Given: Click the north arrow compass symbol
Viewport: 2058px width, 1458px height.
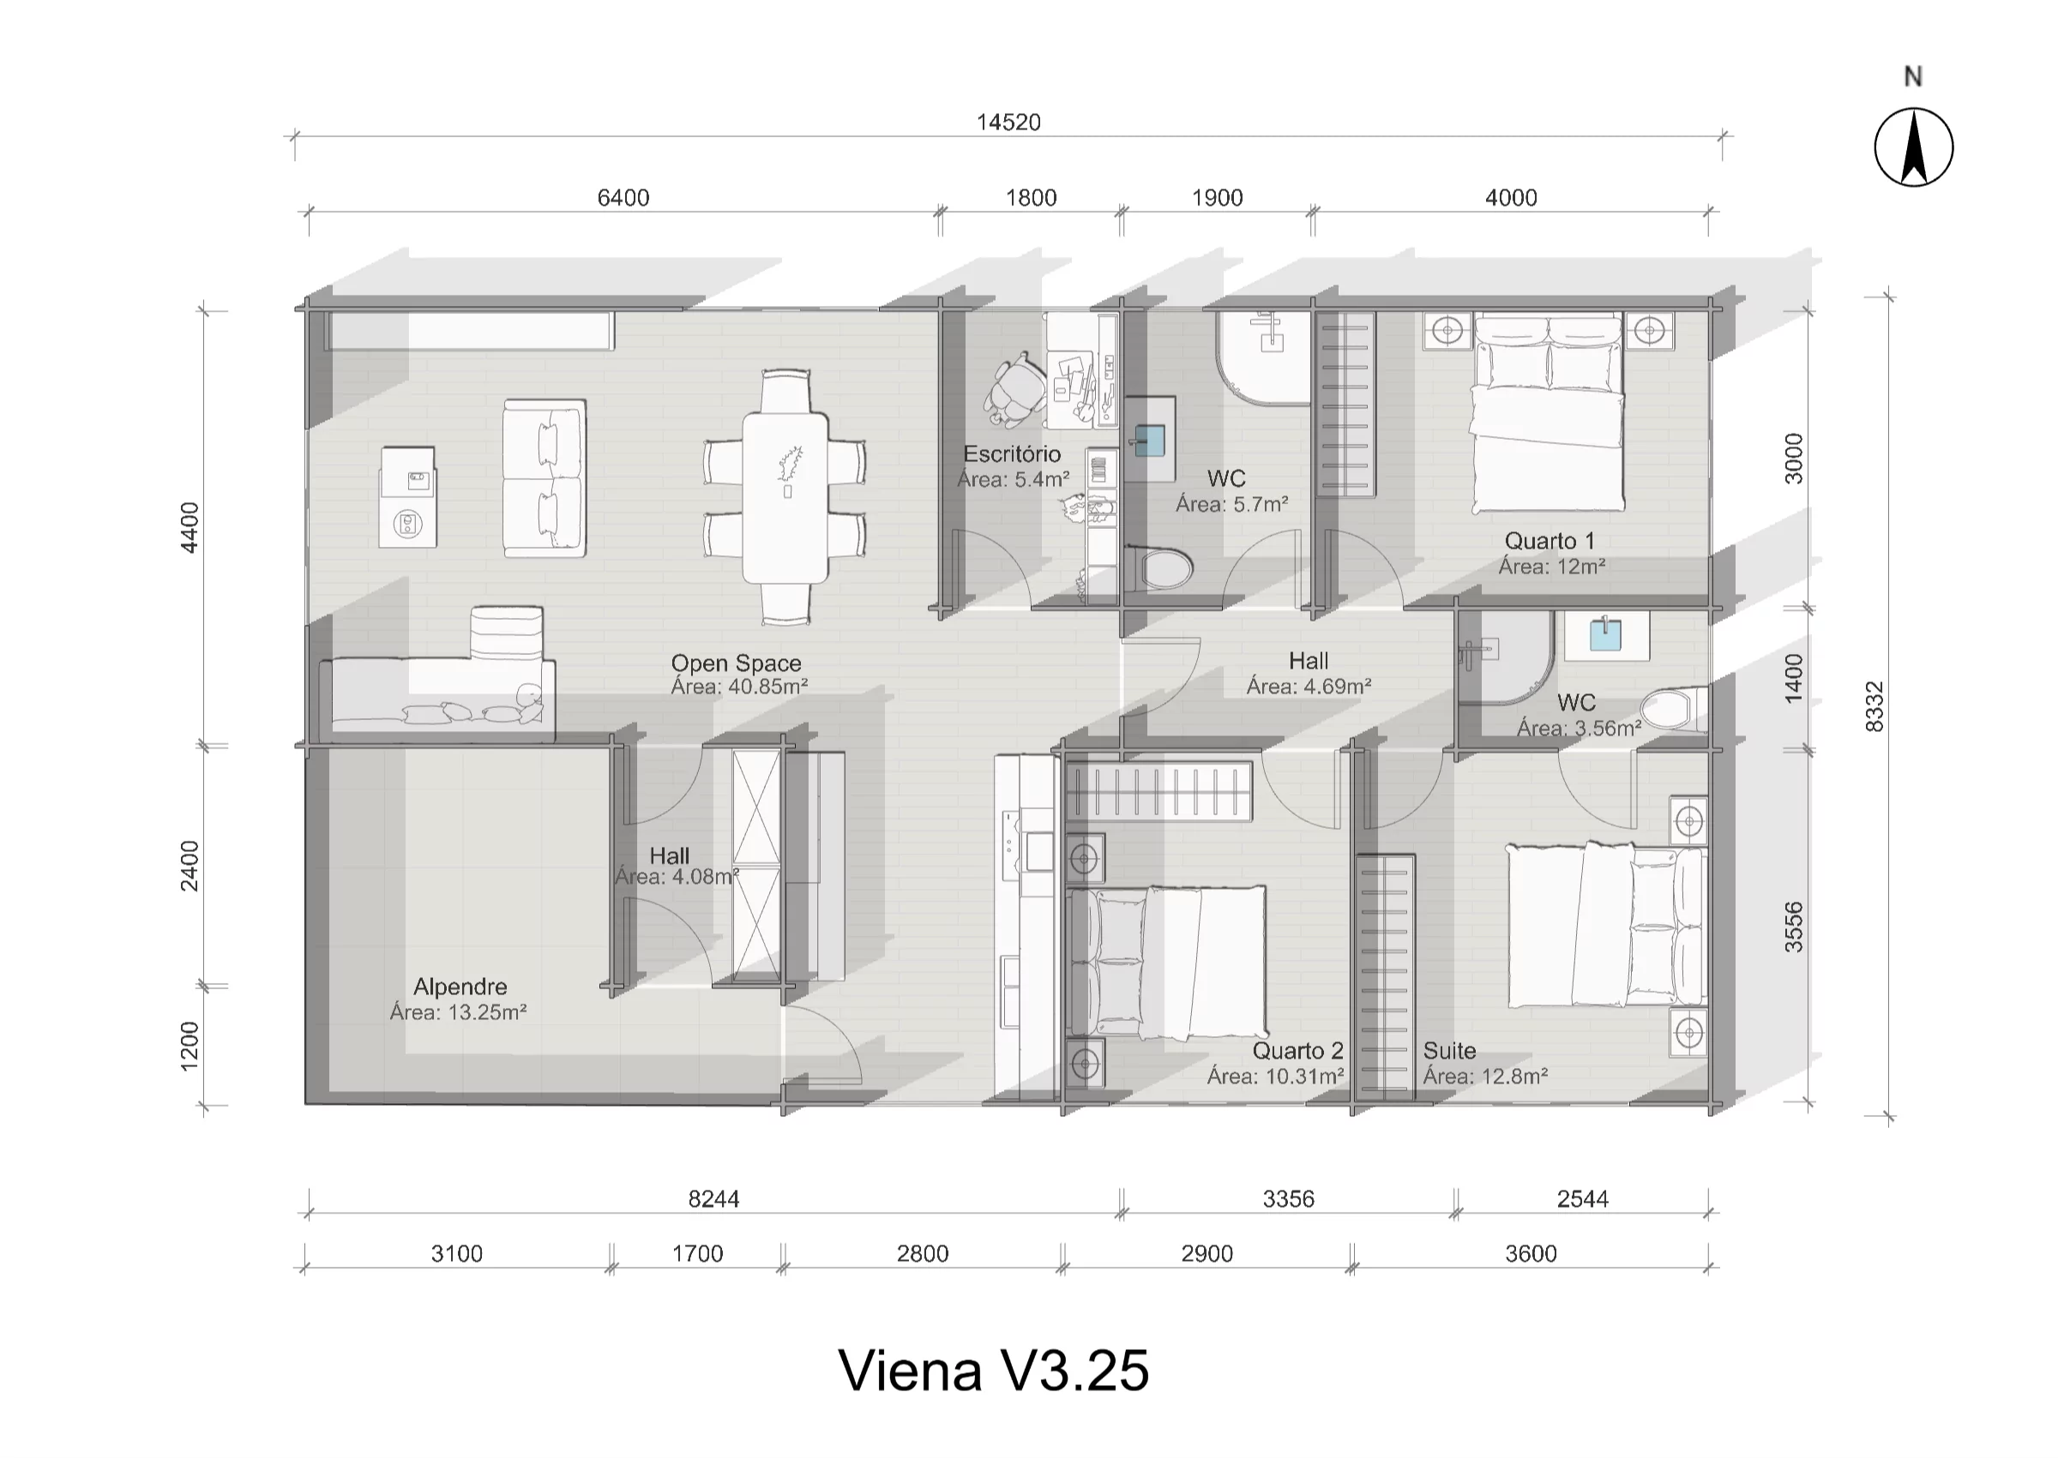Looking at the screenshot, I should (x=1913, y=148).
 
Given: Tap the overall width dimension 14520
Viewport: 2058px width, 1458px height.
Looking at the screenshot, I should (x=1008, y=122).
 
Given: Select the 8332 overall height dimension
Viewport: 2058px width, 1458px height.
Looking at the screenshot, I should (x=1874, y=706).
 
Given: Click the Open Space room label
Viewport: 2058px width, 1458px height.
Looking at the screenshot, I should (x=737, y=663).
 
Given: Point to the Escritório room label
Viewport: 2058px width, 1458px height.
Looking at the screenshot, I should (x=1012, y=454).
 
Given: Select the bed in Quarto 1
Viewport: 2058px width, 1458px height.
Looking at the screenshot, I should (x=1548, y=413).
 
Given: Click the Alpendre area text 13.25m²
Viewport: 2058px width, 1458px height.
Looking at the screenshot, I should (x=458, y=1011).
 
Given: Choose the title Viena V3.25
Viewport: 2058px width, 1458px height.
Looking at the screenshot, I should (x=993, y=1371).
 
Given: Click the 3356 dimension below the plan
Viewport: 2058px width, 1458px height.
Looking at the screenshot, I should (x=1288, y=1198).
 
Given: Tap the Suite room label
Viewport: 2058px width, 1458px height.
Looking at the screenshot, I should (x=1449, y=1050).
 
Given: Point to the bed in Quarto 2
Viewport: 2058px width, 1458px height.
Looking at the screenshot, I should (x=1167, y=963).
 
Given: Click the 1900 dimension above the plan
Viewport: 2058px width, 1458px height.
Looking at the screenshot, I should (x=1217, y=197).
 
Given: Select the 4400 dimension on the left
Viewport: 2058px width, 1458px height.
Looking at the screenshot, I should (x=190, y=527).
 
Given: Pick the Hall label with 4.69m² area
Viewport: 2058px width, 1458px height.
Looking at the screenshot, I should (x=1309, y=662).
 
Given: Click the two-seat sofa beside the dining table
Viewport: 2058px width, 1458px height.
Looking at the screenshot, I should (x=544, y=478).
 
